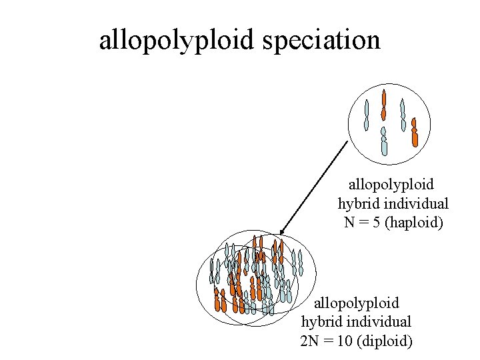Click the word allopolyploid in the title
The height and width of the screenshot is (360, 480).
coord(177,40)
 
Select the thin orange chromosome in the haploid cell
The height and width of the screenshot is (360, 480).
coord(383,105)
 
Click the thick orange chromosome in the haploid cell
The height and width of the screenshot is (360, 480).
coord(414,133)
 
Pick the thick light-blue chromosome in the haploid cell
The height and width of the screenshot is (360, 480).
coord(383,141)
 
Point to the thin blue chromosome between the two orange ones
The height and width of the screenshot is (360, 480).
coord(402,115)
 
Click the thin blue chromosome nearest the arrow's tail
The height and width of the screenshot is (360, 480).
coord(366,115)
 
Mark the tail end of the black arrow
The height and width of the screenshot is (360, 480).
coord(348,141)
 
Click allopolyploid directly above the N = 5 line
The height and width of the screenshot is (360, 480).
coord(391,183)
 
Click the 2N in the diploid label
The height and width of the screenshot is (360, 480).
coord(309,341)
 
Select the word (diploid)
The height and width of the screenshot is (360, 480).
coord(385,341)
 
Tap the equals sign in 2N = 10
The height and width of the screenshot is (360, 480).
coord(327,341)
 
